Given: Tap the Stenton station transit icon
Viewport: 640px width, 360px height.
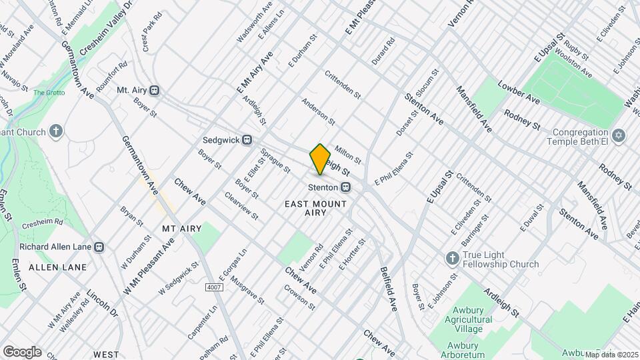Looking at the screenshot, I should coord(346,187).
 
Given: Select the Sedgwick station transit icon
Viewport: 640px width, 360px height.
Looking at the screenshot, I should coord(247,140).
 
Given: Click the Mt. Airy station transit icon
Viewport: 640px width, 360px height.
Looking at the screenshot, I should coord(155,90).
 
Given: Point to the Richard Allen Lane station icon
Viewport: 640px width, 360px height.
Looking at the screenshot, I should coord(99,247).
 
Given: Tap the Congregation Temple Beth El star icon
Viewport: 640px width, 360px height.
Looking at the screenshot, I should coord(619,135).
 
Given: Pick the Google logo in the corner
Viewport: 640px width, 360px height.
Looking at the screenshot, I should coord(22,351).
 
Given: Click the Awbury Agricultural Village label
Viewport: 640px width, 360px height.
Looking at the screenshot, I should coord(469,314).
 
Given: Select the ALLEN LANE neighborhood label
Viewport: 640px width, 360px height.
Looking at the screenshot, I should coord(57,267).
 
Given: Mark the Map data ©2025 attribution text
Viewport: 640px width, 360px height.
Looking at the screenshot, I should coord(611,354).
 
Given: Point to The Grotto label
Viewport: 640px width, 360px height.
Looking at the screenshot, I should coord(47,93).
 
